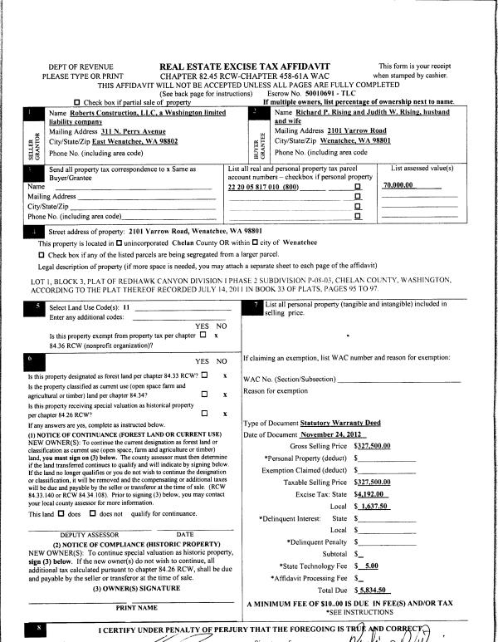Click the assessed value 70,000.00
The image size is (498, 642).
(x=398, y=186)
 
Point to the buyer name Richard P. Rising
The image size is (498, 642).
(x=332, y=112)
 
